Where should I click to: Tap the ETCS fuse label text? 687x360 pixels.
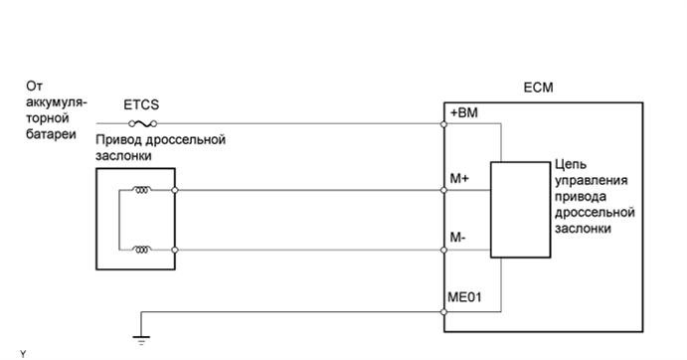pos(140,102)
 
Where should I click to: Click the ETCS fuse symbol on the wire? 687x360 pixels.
pos(140,124)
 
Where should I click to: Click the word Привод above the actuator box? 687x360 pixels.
pos(118,140)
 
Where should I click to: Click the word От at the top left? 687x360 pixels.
pos(35,87)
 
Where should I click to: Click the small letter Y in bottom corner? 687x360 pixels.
pos(22,353)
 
